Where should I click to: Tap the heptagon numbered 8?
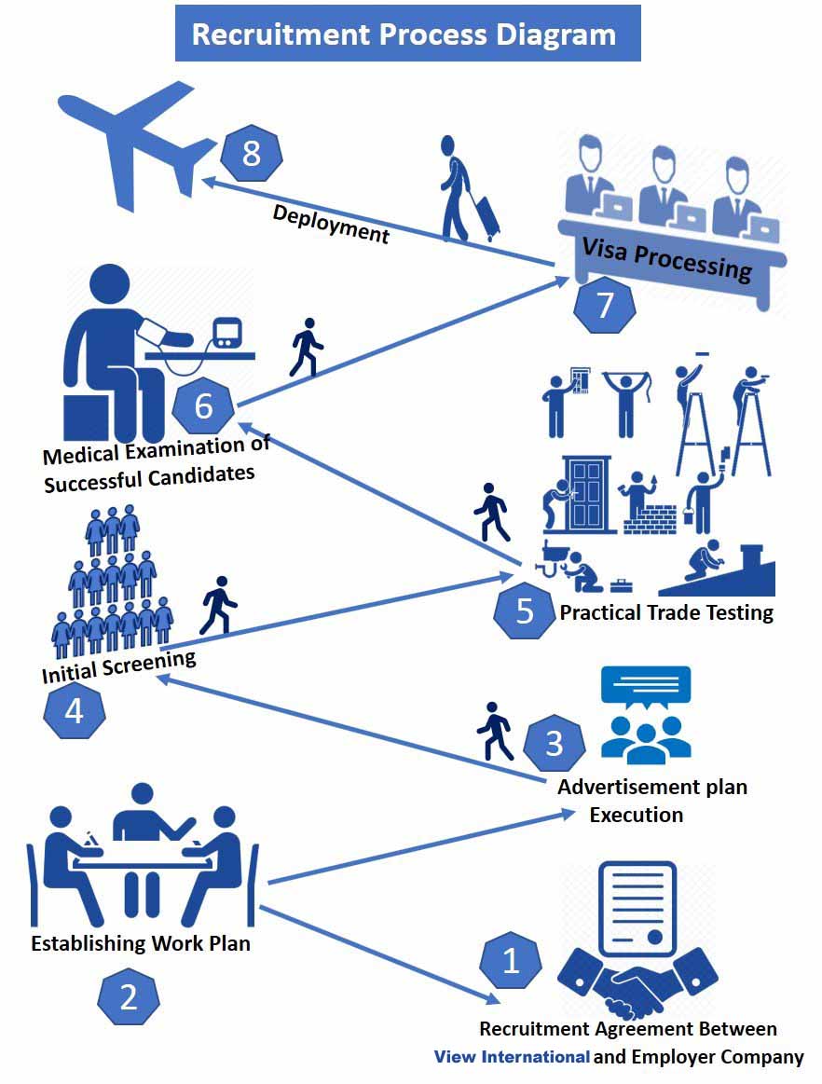click(x=251, y=153)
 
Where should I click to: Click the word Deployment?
click(x=330, y=224)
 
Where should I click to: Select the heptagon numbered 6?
click(x=204, y=406)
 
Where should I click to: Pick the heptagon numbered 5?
click(x=524, y=611)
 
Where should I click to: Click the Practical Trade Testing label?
click(x=666, y=612)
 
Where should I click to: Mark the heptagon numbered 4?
click(x=74, y=712)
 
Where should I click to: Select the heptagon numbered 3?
click(x=554, y=743)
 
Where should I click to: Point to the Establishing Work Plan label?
click(x=141, y=943)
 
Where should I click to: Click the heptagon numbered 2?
click(x=129, y=997)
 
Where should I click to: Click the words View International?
click(x=512, y=1057)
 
